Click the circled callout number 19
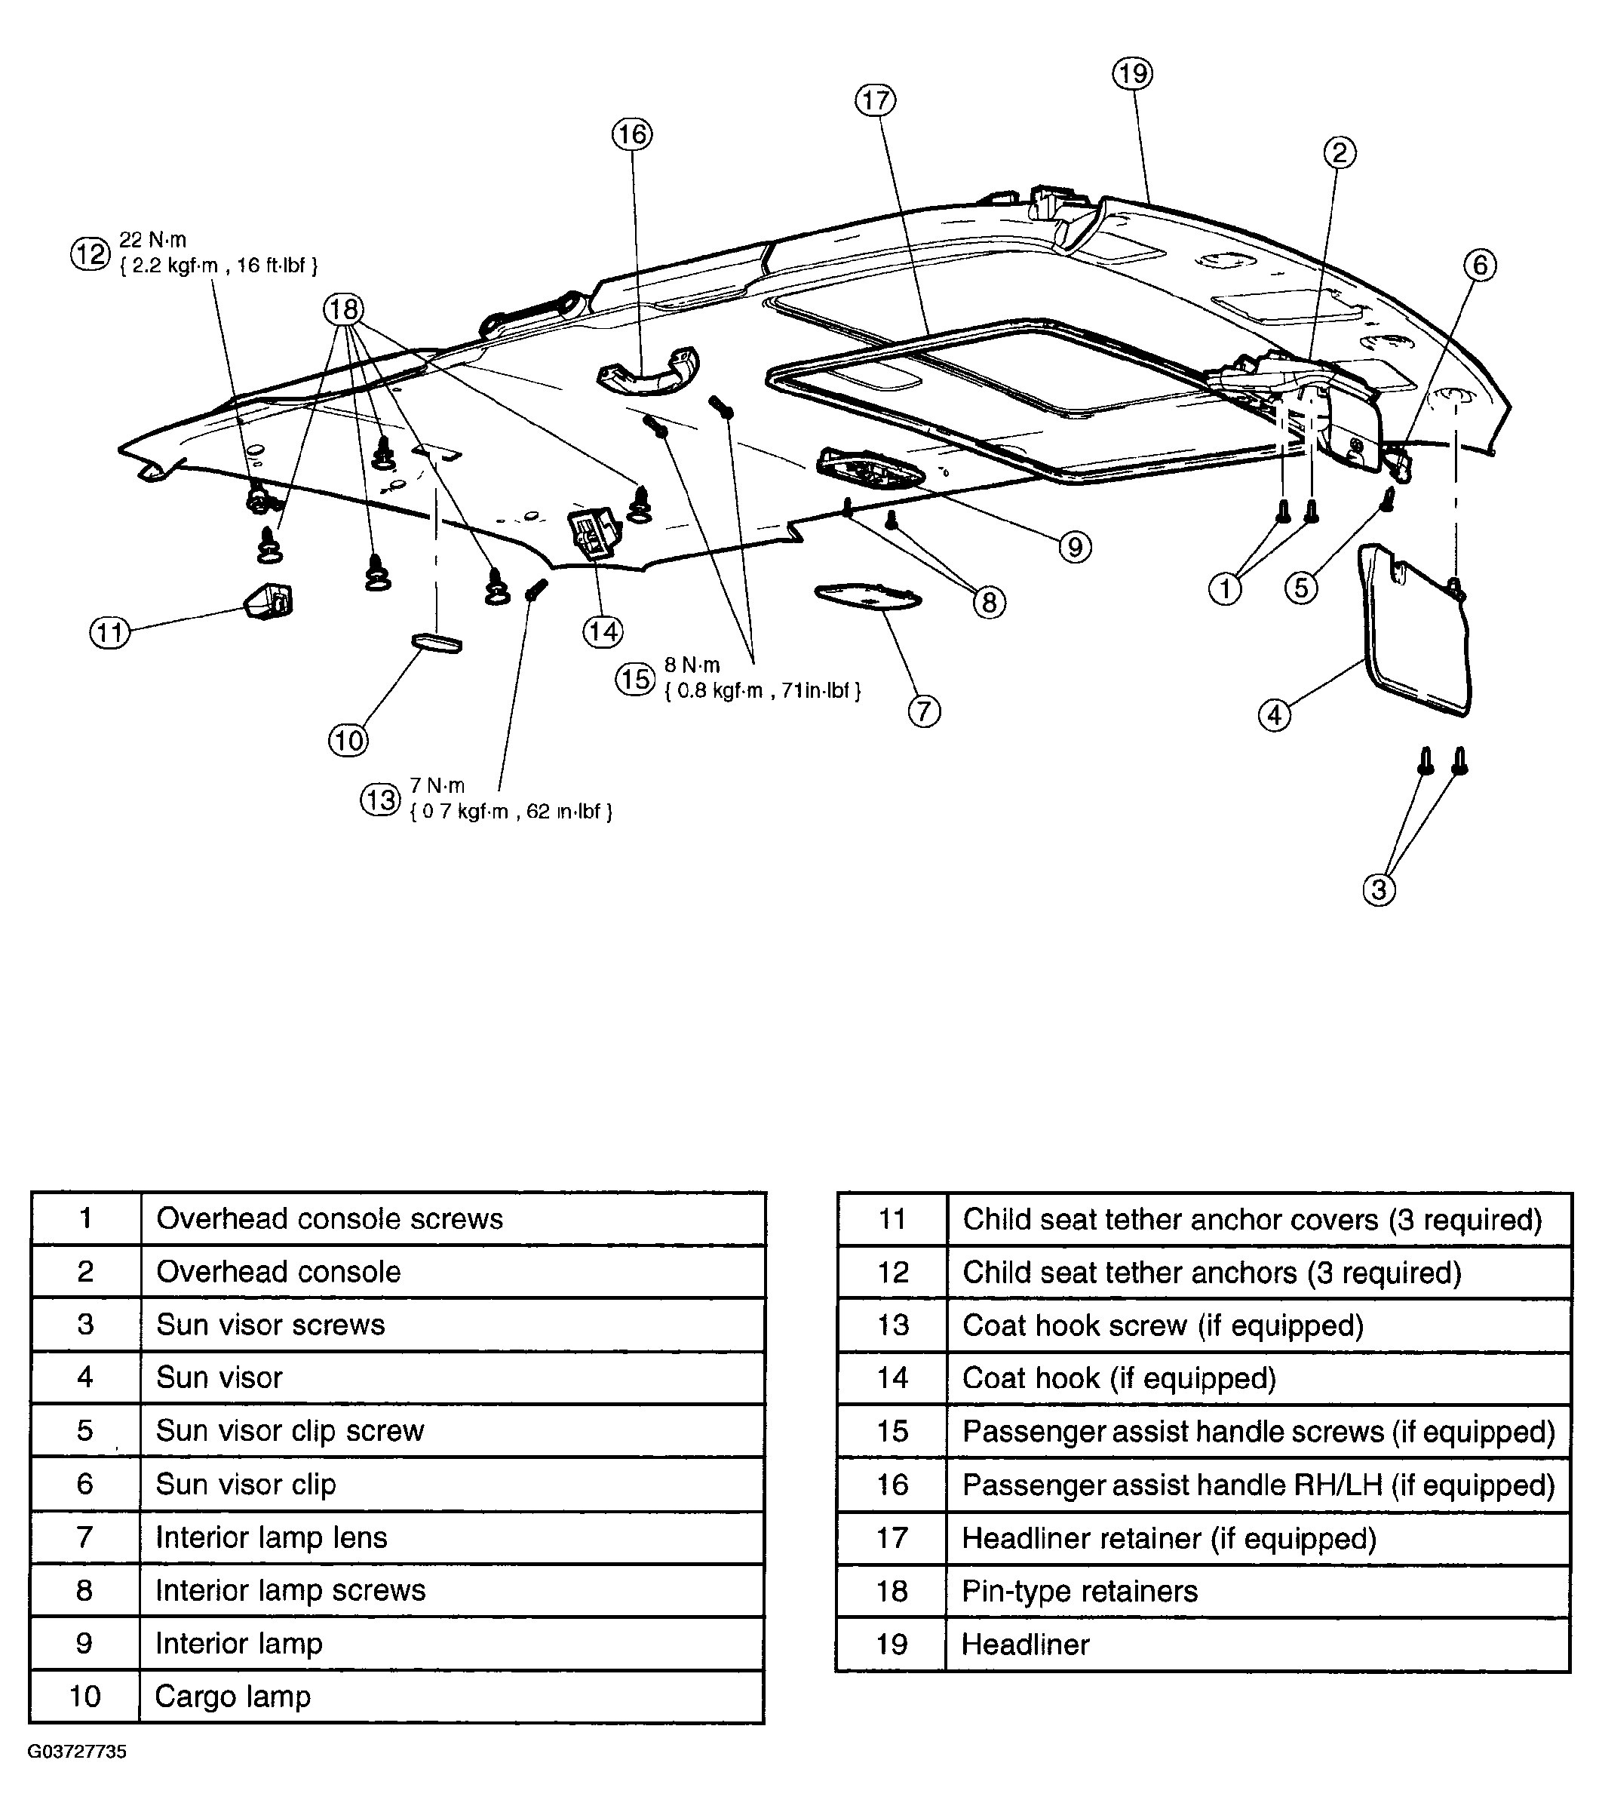tap(1132, 74)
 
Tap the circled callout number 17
tap(876, 100)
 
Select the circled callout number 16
tap(632, 134)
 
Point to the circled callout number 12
tap(91, 254)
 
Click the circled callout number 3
tap(1379, 889)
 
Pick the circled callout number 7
tap(923, 711)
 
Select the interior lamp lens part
tap(865, 596)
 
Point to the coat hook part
tap(591, 532)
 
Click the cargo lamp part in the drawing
tap(436, 643)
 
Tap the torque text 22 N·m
tap(153, 240)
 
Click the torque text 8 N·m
tap(692, 665)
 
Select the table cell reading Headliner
tap(1258, 1645)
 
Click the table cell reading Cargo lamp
tap(452, 1697)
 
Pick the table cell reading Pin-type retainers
tap(1258, 1591)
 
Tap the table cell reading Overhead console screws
tap(453, 1218)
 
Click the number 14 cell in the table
tap(892, 1378)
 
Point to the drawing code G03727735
tap(77, 1752)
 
